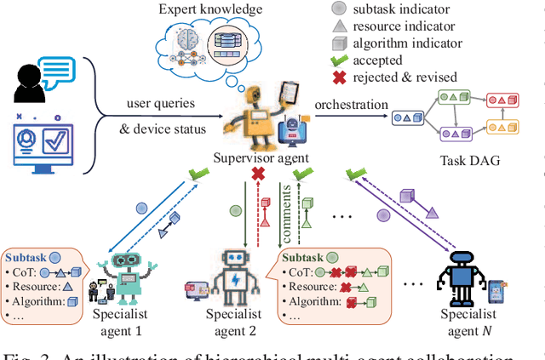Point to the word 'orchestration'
[351, 105]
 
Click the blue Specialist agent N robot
[462, 273]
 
